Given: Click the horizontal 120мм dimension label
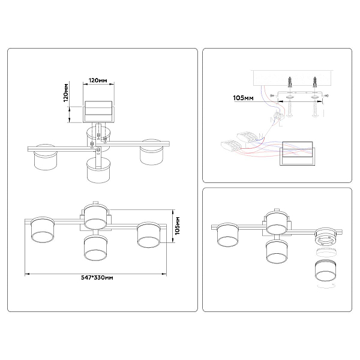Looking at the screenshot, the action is click(x=98, y=80).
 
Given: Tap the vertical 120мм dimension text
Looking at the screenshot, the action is click(x=66, y=93).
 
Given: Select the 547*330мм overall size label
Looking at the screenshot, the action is click(x=97, y=278).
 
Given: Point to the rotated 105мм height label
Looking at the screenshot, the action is click(x=177, y=226).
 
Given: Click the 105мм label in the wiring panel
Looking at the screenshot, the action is click(x=244, y=98).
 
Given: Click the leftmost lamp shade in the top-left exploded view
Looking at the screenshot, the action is click(x=45, y=157).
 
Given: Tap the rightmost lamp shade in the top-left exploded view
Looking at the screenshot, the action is click(x=152, y=152).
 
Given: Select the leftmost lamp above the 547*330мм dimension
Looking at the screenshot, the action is click(x=43, y=230).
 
